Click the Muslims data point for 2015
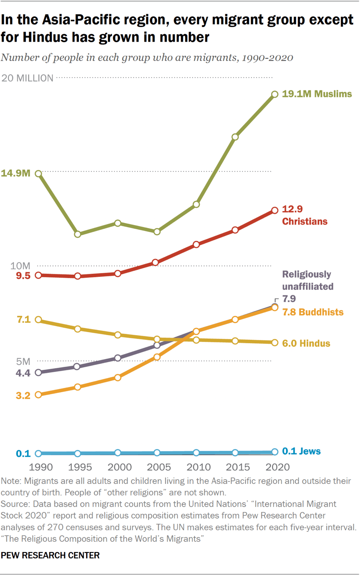235,137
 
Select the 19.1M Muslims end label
317,94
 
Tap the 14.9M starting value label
15,174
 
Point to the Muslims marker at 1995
78,234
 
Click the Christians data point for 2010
196,244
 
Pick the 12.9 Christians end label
304,215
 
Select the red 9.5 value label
23,276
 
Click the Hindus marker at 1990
38,320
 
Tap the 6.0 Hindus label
306,344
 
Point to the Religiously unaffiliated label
307,280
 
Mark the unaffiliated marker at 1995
78,366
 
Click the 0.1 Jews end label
301,451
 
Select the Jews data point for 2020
275,452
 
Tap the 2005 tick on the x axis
156,467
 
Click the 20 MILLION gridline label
28,78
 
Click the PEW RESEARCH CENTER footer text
50,555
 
